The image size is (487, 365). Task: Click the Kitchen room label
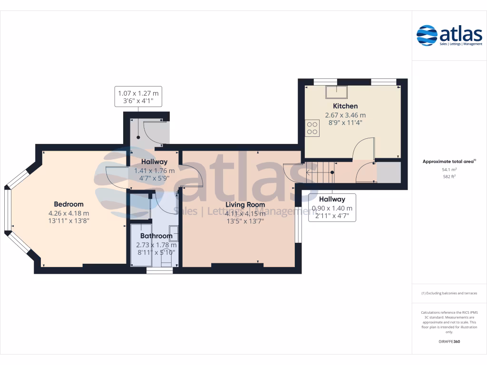345,106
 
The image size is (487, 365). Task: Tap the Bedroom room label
68,204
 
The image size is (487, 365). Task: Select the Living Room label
245,205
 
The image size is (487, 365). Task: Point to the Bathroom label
156,236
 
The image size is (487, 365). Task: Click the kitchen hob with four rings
312,127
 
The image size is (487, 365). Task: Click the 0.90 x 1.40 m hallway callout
332,208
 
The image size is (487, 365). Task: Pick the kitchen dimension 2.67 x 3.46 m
345,115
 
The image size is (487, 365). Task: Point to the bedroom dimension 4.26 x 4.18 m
68,213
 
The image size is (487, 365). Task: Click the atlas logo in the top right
449,36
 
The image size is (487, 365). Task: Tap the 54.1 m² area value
449,169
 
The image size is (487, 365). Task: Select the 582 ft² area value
449,176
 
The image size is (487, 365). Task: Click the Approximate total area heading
448,162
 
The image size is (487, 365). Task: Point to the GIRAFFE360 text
449,342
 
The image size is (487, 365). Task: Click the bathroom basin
174,233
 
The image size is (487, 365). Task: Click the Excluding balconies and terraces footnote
449,293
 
